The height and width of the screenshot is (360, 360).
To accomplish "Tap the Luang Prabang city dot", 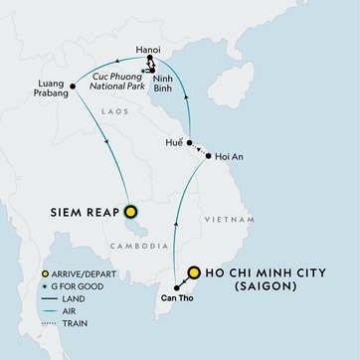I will pos(74,88).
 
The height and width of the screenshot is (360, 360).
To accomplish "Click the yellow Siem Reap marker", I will pos(130,211).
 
